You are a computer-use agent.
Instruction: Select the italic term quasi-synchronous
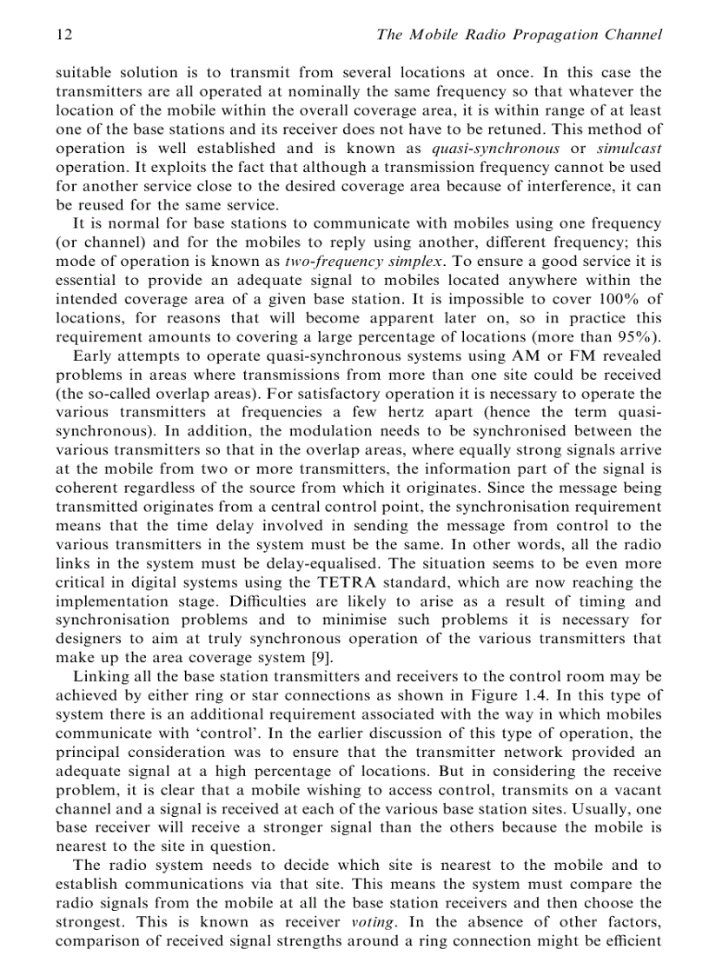(495, 149)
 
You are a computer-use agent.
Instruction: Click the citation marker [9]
(320, 658)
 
